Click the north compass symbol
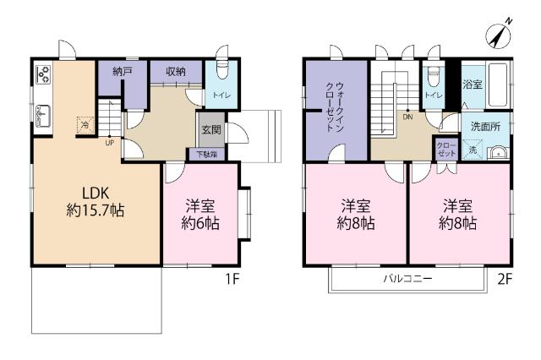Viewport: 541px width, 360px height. point(499,35)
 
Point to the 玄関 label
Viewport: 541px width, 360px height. point(210,131)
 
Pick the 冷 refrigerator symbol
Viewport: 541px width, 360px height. point(85,125)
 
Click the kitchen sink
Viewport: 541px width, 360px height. point(43,113)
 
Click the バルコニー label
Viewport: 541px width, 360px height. point(407,278)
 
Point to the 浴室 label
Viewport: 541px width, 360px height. point(472,85)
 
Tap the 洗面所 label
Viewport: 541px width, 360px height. point(484,125)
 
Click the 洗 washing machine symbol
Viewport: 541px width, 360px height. point(473,150)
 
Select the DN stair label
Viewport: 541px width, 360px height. point(407,117)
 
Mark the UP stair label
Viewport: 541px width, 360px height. point(110,142)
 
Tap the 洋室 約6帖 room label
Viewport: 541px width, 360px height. point(203,215)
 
